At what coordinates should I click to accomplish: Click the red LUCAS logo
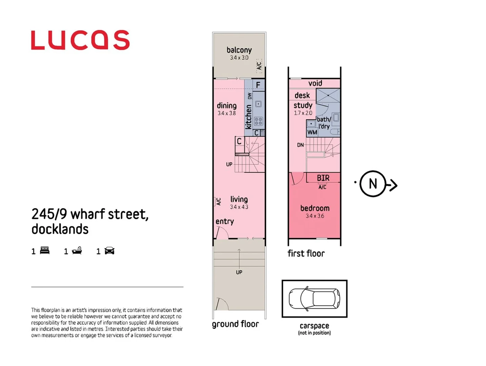(x=80, y=40)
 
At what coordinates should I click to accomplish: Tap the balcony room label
(x=239, y=50)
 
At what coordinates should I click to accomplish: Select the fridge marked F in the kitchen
(x=258, y=85)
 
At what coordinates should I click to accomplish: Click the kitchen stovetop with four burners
(x=258, y=121)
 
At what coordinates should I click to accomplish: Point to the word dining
(x=226, y=105)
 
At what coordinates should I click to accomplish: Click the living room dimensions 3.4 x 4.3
(x=239, y=207)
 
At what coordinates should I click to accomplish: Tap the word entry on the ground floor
(x=224, y=221)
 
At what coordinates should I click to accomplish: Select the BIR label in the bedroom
(x=323, y=178)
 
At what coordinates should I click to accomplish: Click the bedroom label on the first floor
(x=315, y=208)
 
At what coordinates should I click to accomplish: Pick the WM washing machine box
(x=312, y=132)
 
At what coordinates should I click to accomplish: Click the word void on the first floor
(x=315, y=83)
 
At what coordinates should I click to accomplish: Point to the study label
(x=303, y=105)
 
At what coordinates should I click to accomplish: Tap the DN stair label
(x=300, y=145)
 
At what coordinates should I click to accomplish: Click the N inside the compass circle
(x=373, y=184)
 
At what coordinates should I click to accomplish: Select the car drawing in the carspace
(x=314, y=299)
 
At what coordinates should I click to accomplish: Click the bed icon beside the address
(x=45, y=251)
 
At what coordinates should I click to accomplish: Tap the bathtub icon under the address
(x=77, y=251)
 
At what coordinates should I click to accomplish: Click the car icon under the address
(x=109, y=251)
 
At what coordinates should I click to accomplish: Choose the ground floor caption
(x=235, y=324)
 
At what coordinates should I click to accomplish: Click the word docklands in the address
(x=60, y=229)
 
